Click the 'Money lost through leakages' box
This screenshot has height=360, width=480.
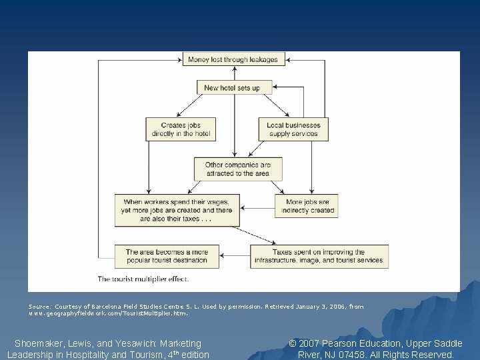click(234, 59)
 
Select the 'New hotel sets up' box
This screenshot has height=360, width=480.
click(232, 88)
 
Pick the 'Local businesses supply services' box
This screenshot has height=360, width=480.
click(294, 129)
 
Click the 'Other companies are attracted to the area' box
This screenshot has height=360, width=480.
click(238, 169)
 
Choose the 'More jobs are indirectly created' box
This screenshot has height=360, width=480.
click(306, 206)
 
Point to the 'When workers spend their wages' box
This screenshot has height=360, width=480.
click(177, 210)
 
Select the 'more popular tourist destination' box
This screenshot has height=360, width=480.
click(167, 257)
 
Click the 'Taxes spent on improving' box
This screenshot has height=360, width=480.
click(319, 257)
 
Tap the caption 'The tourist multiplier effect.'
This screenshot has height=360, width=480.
click(143, 279)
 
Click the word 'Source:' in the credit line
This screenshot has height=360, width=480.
click(39, 307)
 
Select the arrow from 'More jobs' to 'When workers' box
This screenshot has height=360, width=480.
click(257, 207)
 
